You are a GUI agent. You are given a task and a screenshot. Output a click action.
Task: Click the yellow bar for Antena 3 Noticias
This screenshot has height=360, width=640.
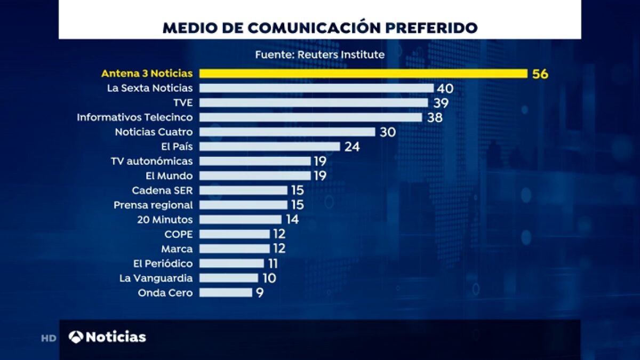pos(363,74)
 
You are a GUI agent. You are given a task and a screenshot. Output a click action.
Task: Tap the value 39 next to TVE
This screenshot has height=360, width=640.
pos(441,103)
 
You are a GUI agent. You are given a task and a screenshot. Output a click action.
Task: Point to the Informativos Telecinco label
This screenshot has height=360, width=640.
pos(135,117)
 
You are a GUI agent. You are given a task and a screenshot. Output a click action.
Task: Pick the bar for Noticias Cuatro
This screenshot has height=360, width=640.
pos(287,132)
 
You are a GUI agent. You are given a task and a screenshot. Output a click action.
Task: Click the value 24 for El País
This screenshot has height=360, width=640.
pos(352,147)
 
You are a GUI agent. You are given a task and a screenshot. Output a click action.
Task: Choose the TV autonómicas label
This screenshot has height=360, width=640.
pos(152,161)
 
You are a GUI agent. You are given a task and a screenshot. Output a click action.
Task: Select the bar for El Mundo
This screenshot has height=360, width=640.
pos(255,175)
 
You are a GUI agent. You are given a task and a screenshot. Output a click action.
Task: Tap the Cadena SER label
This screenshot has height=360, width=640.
pos(162,190)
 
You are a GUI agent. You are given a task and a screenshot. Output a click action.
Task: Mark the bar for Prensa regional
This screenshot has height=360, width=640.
pos(243,205)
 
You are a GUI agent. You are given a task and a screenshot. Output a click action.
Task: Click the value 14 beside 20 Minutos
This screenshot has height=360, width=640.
pos(292,219)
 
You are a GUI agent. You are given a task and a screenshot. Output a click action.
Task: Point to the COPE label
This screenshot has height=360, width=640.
pos(179,234)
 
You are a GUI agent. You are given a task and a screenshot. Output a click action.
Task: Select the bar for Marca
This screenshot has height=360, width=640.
pos(235,249)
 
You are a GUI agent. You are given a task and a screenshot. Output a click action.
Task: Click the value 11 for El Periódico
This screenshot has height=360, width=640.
pos(273,263)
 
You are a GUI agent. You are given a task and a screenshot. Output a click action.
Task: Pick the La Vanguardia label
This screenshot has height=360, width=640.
pos(156,277)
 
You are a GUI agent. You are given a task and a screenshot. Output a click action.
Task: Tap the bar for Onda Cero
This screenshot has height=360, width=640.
pos(226,292)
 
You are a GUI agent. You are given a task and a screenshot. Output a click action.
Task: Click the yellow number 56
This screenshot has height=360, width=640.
pos(540,74)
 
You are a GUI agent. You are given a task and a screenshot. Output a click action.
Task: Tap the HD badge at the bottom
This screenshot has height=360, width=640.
pos(49,338)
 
